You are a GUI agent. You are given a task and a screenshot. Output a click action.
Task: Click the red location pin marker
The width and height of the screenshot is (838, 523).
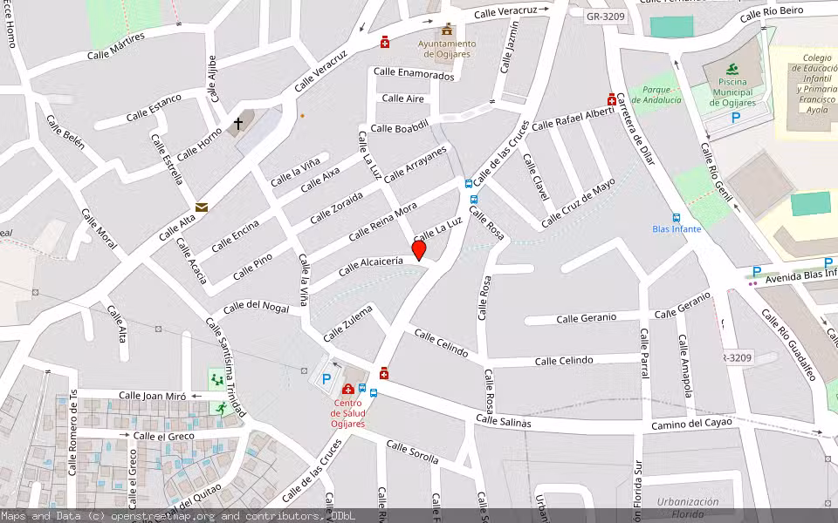tap(419, 250)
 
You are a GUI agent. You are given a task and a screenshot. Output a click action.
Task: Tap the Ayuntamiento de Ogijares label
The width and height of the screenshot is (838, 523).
tap(447, 49)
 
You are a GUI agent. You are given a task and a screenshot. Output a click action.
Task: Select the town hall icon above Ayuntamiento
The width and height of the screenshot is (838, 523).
tap(447, 31)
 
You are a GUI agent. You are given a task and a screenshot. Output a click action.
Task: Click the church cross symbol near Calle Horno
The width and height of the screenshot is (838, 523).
tap(237, 125)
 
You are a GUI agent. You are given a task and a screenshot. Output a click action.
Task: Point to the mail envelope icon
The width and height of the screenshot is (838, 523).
tap(202, 207)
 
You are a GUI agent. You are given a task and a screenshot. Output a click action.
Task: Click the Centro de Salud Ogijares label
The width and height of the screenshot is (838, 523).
tap(348, 413)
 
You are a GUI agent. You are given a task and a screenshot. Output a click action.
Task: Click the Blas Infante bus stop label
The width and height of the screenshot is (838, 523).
tap(677, 229)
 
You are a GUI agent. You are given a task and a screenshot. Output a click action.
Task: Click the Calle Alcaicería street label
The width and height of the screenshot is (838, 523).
tap(371, 265)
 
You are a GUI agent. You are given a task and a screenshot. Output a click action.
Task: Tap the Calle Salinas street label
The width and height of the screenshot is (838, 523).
tap(504, 421)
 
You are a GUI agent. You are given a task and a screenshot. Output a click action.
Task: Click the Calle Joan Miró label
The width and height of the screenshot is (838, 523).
tap(152, 396)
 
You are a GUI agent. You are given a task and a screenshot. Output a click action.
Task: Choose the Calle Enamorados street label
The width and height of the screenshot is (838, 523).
tap(414, 76)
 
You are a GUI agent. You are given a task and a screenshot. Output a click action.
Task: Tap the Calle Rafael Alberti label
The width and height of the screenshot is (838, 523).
tap(573, 119)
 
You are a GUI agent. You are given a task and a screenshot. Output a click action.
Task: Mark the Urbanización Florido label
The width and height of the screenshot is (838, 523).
tap(688, 507)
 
